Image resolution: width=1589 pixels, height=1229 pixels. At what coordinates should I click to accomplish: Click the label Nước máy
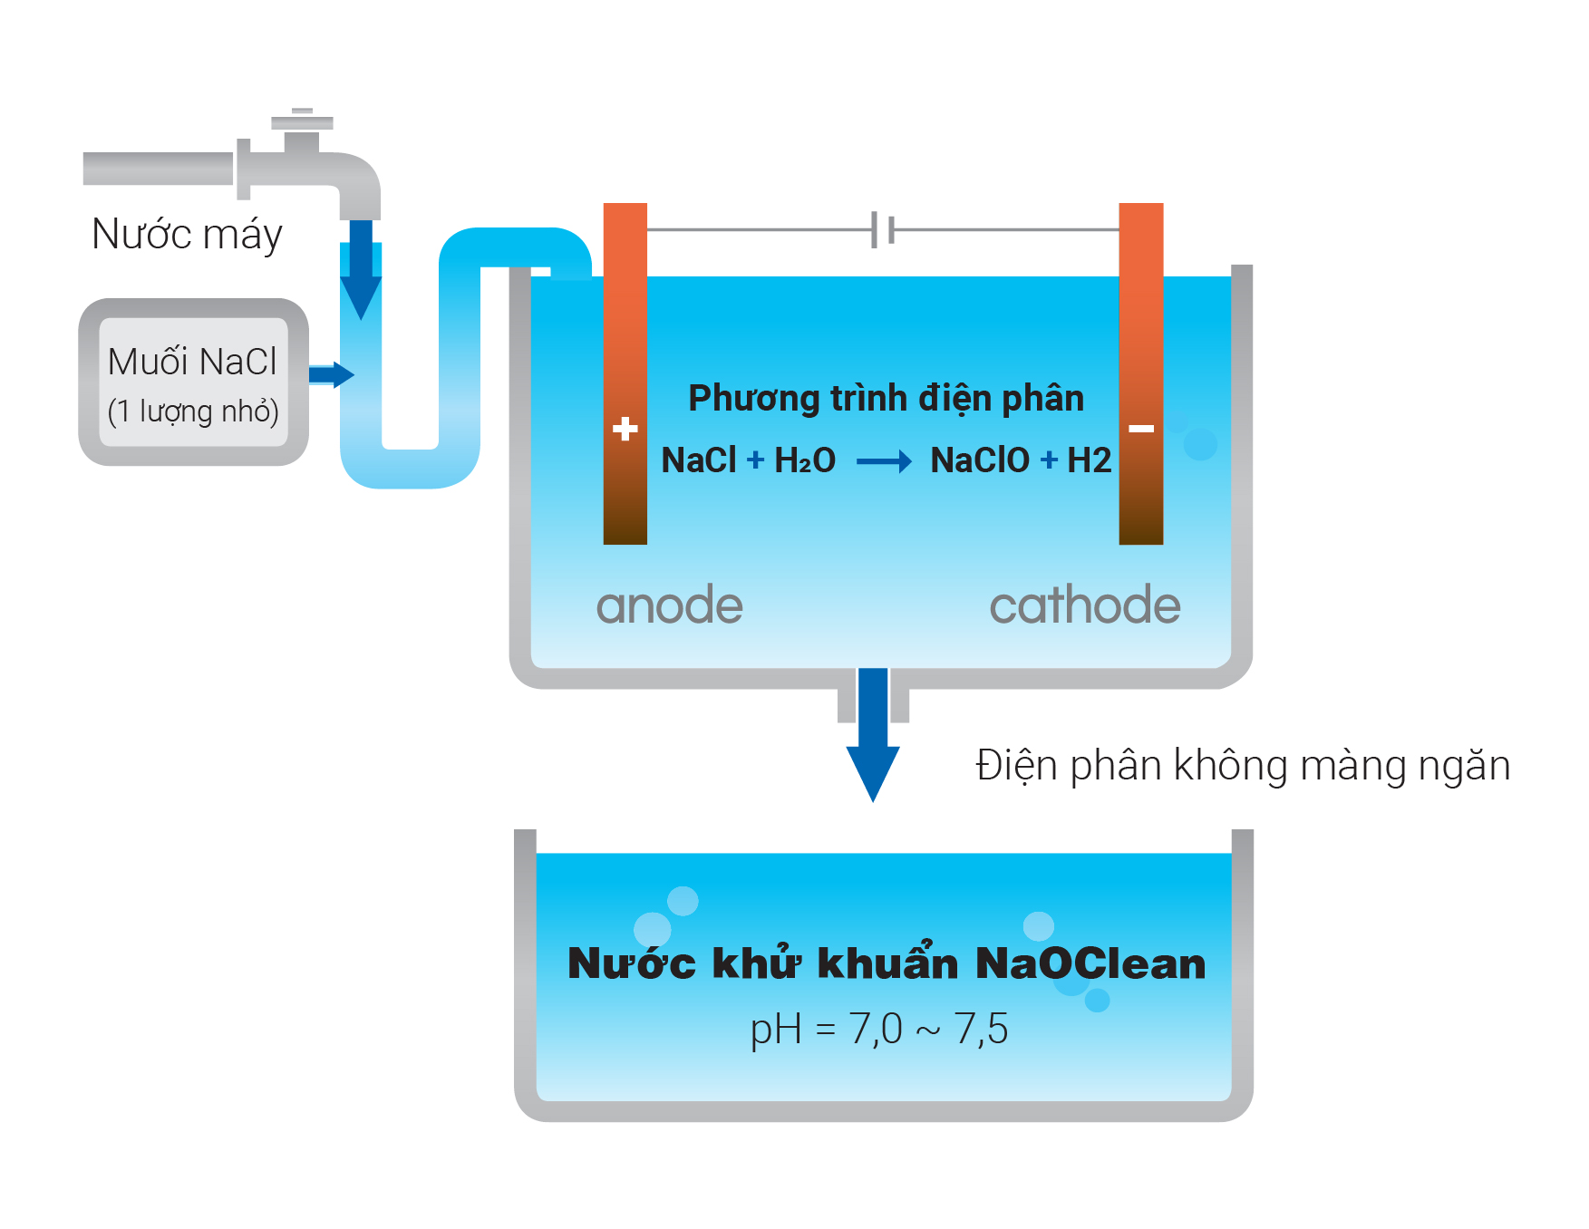pos(187,235)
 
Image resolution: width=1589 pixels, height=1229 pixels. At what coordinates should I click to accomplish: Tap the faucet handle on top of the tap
pos(302,121)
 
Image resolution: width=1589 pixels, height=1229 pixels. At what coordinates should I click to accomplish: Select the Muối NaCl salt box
pos(193,382)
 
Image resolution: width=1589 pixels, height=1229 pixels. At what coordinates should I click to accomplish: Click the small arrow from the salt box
pos(331,374)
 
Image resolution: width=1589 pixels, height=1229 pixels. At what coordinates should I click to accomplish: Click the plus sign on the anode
pos(625,429)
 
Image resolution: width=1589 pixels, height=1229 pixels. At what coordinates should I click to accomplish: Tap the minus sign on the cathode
pos(1141,429)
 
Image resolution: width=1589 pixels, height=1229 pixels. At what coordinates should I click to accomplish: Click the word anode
pos(669,605)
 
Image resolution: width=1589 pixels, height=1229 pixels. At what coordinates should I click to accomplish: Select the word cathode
pos(1084,605)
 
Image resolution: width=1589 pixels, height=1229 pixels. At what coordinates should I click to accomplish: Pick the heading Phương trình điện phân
pos(886,399)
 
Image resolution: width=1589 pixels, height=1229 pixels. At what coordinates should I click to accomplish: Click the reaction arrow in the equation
pos(884,462)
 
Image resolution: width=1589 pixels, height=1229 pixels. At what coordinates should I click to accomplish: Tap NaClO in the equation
pos(980,460)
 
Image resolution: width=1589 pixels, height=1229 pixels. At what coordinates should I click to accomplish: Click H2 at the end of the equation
pos(1089,460)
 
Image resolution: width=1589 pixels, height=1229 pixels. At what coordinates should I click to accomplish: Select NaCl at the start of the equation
pos(699,460)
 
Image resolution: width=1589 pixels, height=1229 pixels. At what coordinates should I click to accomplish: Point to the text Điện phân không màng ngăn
pos(1242,766)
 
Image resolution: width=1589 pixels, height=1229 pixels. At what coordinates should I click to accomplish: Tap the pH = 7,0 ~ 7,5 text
pos(878,1030)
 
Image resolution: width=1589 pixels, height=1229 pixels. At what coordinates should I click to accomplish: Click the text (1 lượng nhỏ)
pos(193,411)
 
